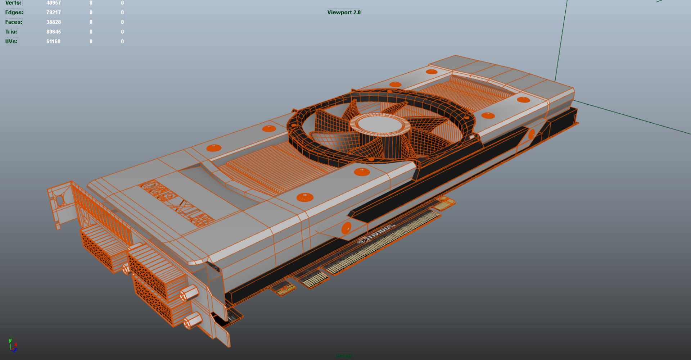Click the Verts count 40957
click(53, 3)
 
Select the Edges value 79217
click(53, 12)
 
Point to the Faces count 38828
click(53, 22)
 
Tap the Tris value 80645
click(53, 32)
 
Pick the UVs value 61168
click(53, 41)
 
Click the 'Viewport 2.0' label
click(344, 12)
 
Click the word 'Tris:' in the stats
click(11, 32)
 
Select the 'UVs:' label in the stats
click(11, 41)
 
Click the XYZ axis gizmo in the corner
click(13, 345)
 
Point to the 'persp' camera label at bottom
click(344, 356)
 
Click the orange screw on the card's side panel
click(346, 228)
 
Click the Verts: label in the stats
click(13, 3)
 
